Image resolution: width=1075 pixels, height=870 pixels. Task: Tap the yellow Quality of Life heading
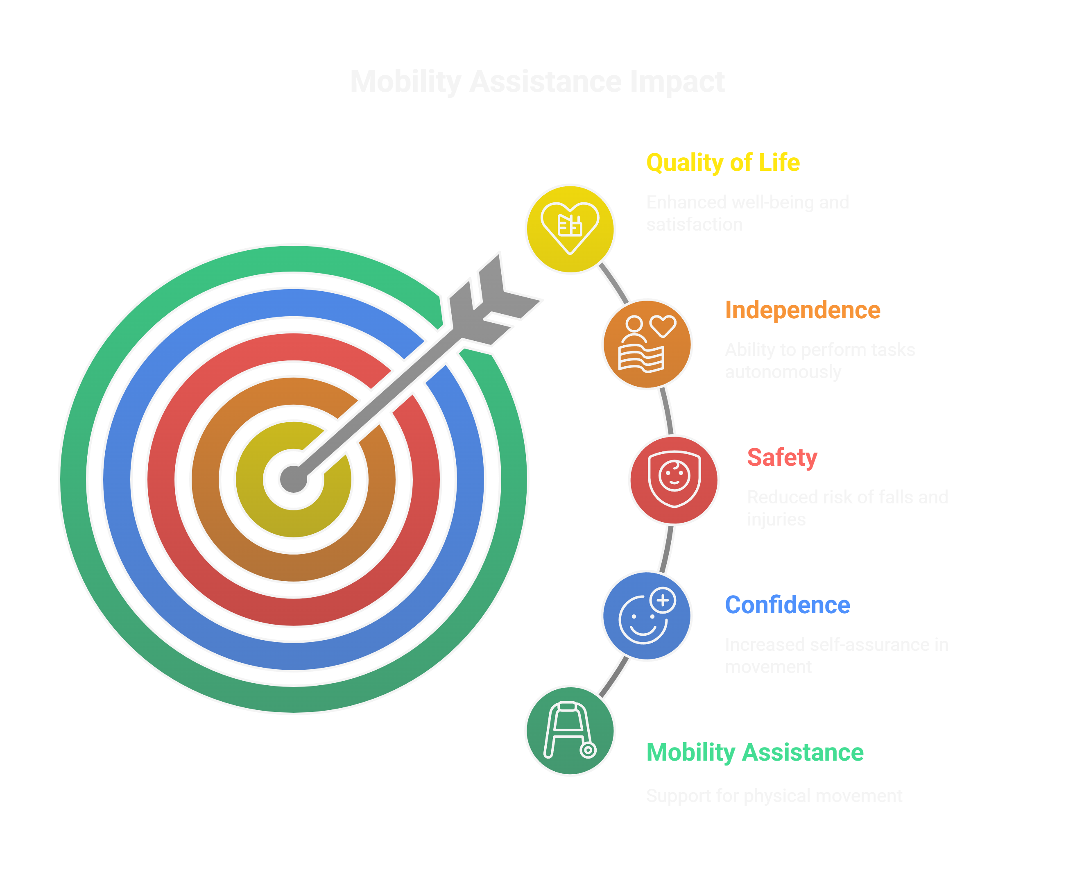point(722,163)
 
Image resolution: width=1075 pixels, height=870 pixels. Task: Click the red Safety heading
point(781,458)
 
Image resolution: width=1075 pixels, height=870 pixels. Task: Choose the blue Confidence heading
point(787,605)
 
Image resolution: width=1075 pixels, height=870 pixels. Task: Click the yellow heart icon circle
point(570,229)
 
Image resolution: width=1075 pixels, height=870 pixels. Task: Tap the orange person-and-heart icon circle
point(647,344)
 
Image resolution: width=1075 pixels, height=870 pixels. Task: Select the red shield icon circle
point(674,480)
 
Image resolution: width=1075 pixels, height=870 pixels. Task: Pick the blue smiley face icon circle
point(646,616)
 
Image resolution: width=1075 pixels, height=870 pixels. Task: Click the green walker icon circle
point(570,731)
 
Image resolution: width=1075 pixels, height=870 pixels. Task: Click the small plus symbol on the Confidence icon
point(663,600)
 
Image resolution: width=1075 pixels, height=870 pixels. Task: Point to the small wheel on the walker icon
point(588,750)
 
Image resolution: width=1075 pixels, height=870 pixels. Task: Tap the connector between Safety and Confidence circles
point(667,549)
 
